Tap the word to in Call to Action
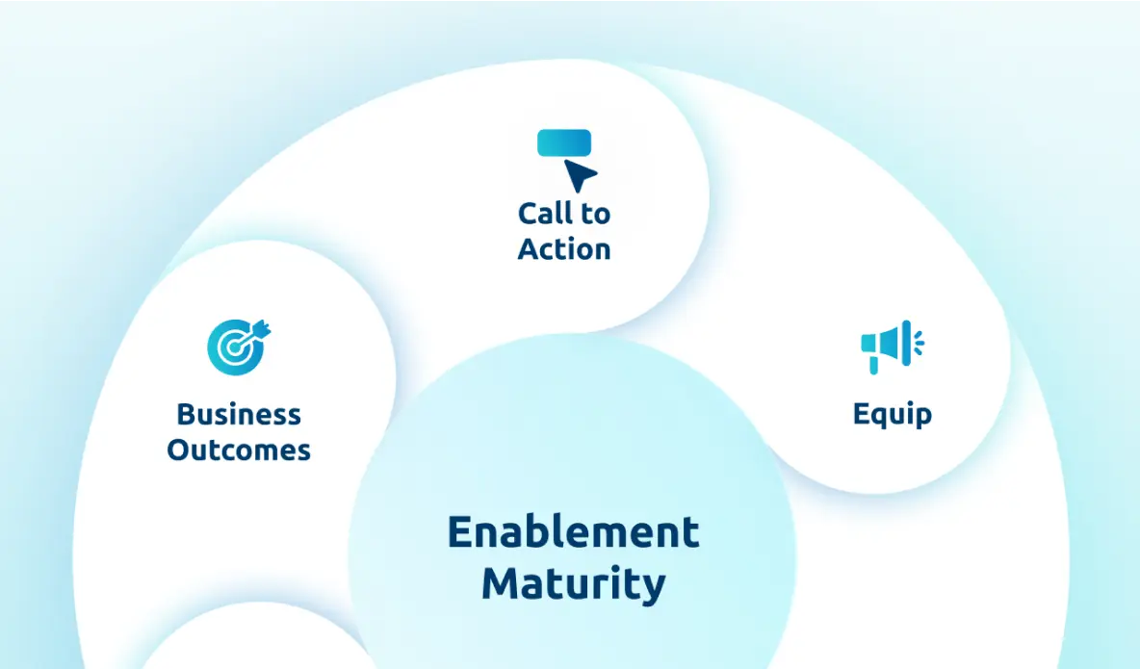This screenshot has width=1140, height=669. [x=595, y=215]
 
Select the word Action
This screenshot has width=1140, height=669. [x=564, y=249]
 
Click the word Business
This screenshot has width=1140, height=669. [x=239, y=415]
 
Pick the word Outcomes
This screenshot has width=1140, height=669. [x=239, y=450]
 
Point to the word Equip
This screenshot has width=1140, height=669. [x=893, y=415]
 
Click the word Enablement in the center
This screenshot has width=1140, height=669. [x=574, y=531]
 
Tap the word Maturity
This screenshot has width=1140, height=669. [x=574, y=584]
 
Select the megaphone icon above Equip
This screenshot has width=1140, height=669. [x=893, y=347]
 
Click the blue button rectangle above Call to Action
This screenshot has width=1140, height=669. [x=564, y=142]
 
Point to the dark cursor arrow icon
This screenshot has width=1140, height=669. [x=580, y=175]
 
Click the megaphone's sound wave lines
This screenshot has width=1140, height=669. [x=919, y=343]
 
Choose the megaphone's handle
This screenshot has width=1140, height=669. [x=874, y=364]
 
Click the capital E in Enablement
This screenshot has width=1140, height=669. [x=459, y=531]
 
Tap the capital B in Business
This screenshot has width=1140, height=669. [x=186, y=415]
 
